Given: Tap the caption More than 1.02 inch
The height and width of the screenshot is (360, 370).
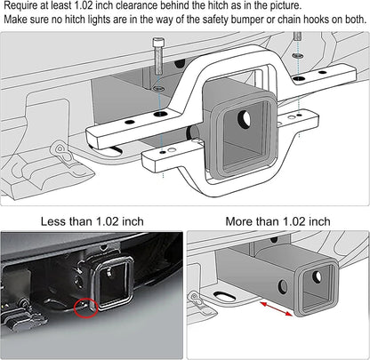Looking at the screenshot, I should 277,220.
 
